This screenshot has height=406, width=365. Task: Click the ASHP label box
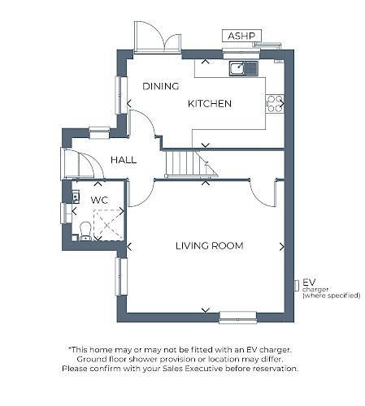[x=241, y=36]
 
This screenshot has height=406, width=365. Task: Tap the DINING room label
[x=161, y=86]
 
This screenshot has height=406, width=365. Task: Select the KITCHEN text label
[x=210, y=104]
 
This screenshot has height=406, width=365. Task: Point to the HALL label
[x=124, y=160]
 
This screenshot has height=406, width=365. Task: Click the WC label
[x=99, y=201]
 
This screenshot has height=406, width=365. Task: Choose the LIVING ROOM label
[x=210, y=246]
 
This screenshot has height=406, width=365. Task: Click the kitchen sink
[x=244, y=68]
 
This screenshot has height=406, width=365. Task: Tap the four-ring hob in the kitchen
[x=275, y=104]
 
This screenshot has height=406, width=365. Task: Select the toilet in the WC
[x=85, y=231]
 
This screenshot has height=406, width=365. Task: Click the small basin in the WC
[x=76, y=197]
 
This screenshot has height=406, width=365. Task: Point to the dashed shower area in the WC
[x=108, y=225]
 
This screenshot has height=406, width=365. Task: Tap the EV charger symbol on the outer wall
[x=297, y=286]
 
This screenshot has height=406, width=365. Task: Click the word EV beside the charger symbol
[x=309, y=283]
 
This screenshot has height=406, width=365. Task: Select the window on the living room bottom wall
[x=238, y=317]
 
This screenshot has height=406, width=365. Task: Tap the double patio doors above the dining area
[x=158, y=37]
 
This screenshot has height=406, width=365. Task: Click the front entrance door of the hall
[x=82, y=164]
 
